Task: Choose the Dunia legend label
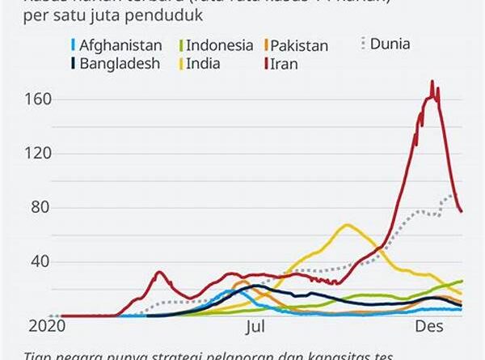coord(390,44)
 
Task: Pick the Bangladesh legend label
coord(120,63)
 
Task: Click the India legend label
coord(206,63)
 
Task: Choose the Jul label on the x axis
coord(255,327)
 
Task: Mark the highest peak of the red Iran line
coord(432,81)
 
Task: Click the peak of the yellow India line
coord(347,225)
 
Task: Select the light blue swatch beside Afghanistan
coord(74,45)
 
